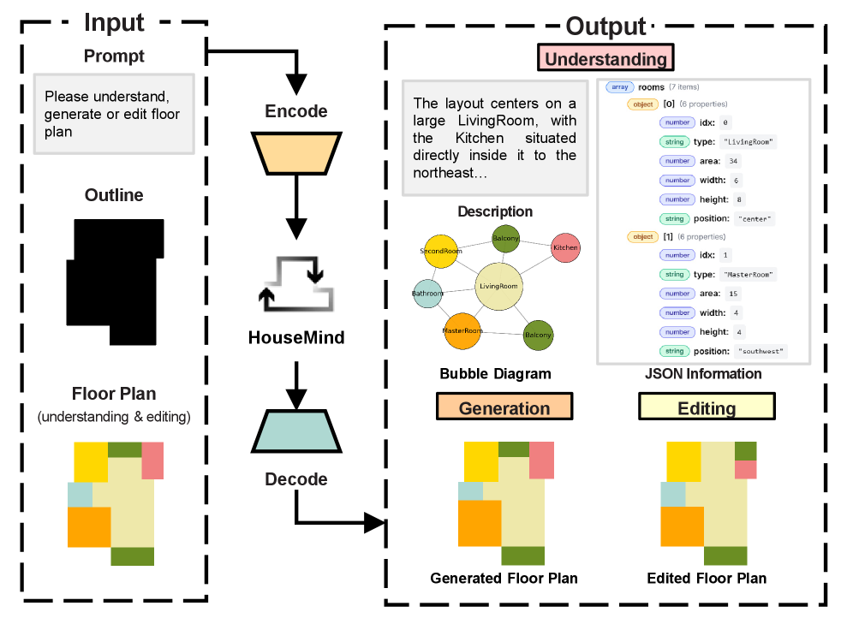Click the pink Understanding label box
tap(605, 57)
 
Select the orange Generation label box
tap(504, 407)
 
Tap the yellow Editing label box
tap(707, 407)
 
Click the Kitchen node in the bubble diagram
tap(565, 247)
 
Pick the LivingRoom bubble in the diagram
tap(498, 287)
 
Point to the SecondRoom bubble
tap(441, 251)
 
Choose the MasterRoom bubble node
tap(462, 331)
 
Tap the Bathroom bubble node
tap(427, 294)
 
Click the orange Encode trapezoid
tap(296, 153)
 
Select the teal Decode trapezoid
tap(296, 431)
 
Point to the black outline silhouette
tap(115, 282)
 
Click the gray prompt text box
tap(114, 114)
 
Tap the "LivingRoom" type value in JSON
tap(748, 142)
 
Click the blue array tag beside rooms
tap(619, 87)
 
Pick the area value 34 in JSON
tap(733, 161)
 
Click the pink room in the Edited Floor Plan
tap(746, 470)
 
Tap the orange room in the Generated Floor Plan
tap(480, 523)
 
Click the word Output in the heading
tap(605, 26)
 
